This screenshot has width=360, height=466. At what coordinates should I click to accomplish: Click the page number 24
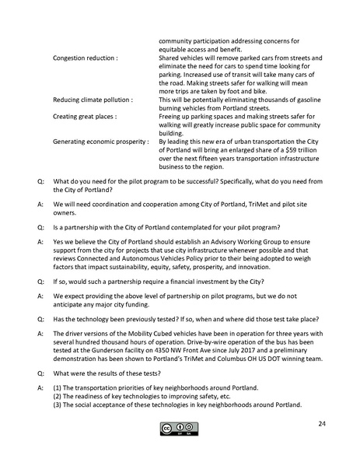pos(321,423)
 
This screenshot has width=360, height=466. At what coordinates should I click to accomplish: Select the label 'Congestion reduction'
pos(85,58)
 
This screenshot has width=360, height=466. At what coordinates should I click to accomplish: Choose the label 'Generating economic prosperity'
pos(100,142)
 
